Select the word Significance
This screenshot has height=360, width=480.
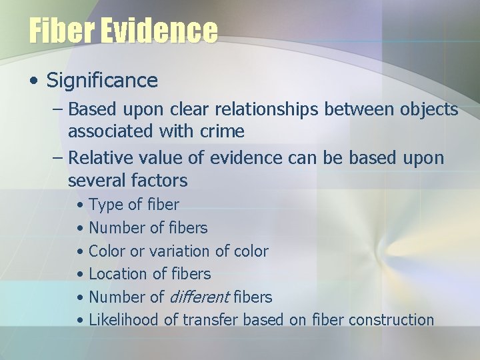[102, 81]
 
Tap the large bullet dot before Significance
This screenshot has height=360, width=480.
[33, 82]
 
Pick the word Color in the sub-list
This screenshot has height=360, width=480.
[107, 251]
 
